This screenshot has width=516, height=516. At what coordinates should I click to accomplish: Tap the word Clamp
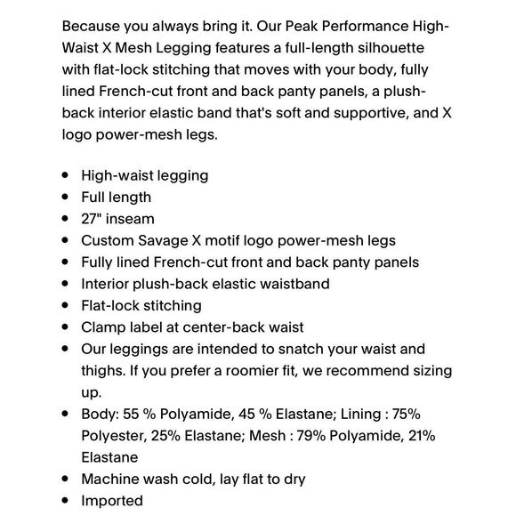coord(103,327)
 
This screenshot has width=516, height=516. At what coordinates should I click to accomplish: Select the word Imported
coord(112,501)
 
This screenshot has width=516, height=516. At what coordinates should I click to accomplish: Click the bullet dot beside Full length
coord(66,198)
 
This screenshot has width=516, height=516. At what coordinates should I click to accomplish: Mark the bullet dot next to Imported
coord(66,501)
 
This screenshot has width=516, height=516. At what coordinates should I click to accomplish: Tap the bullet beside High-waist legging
coord(66,175)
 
